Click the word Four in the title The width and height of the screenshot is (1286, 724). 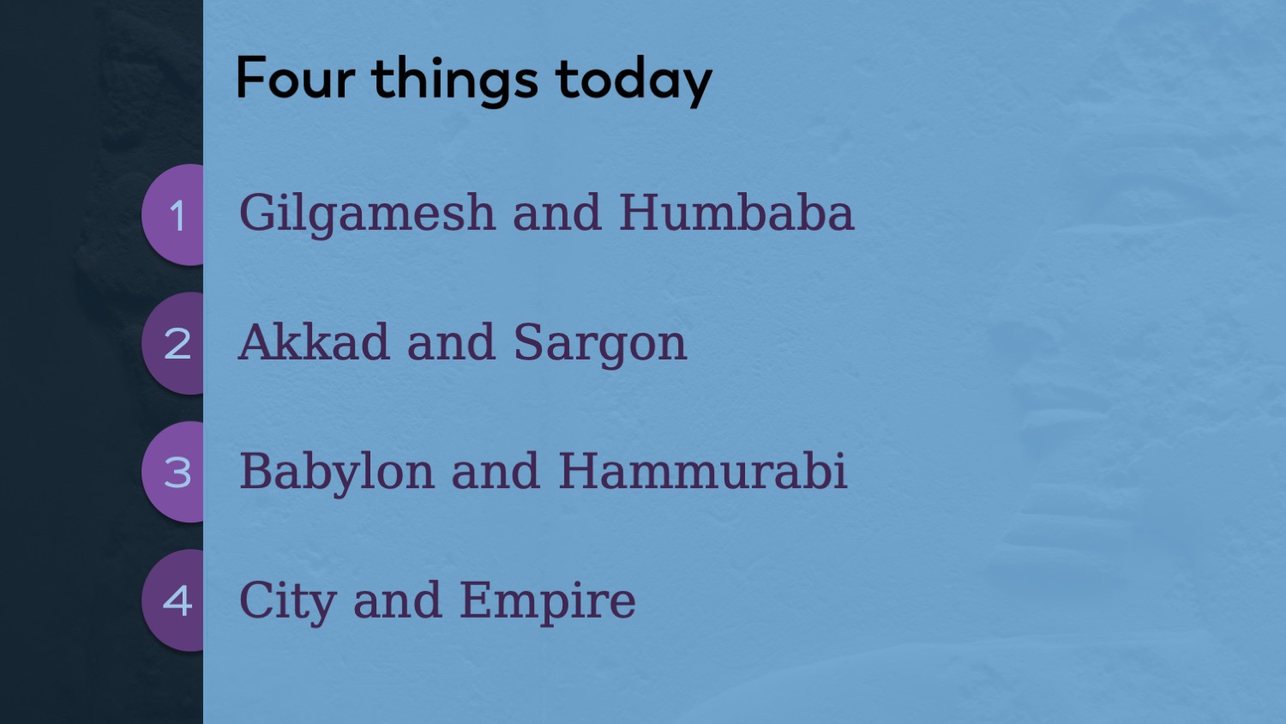295,77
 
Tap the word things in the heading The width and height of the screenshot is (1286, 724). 454,81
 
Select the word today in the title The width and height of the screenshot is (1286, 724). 634,81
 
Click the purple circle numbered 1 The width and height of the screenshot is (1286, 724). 173,215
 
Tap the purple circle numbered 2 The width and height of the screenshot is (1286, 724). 173,344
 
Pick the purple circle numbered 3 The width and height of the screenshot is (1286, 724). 173,472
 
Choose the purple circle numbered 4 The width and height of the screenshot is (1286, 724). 173,600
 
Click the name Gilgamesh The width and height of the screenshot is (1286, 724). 367,214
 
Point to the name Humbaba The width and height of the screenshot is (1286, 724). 737,212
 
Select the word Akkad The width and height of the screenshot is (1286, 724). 314,341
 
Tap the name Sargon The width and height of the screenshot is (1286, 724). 600,344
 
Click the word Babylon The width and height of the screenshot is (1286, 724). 337,473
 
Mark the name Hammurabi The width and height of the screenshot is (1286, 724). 703,470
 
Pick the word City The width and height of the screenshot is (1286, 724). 287,601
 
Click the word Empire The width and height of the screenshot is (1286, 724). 548,601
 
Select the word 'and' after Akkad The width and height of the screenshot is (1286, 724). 451,341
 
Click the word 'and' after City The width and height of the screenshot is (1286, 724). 398,600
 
